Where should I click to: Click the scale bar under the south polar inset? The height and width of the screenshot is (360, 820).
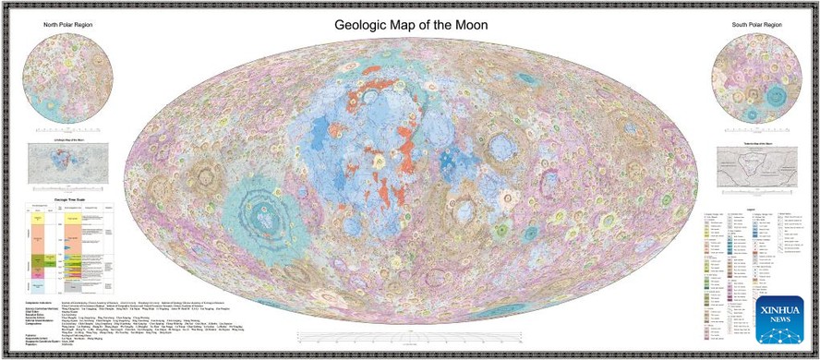tap(755, 130)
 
